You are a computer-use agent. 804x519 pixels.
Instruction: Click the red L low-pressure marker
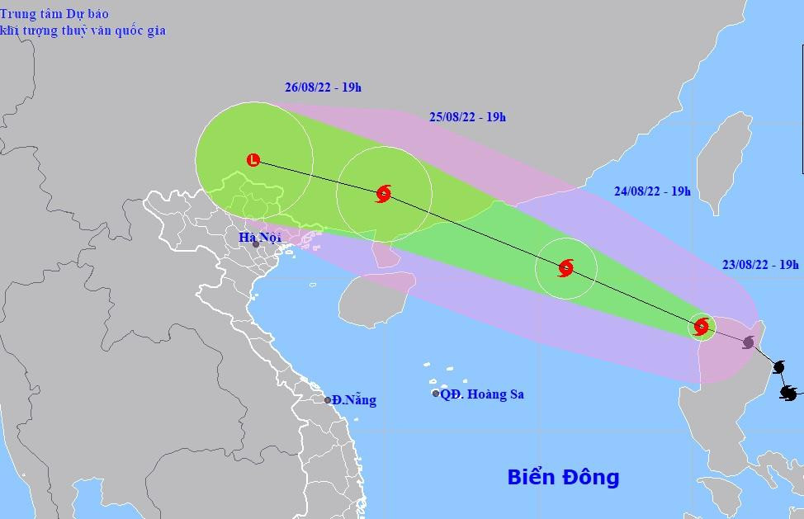click(253, 160)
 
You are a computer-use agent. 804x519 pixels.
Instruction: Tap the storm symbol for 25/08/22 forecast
click(383, 194)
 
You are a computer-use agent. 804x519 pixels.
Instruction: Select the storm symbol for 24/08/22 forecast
click(565, 267)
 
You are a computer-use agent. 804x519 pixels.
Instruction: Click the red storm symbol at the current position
click(701, 327)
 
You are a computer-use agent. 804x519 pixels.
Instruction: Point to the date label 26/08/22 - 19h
click(323, 87)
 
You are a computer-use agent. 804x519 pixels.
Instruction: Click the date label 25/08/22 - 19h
click(467, 117)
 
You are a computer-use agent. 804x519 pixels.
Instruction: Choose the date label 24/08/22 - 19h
click(652, 191)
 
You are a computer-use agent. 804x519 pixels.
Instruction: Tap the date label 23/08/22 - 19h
click(760, 265)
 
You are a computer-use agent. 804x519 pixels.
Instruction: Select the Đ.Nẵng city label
click(356, 400)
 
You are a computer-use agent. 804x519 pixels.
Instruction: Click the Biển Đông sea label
click(563, 477)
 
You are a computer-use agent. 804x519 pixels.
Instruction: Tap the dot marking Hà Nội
click(256, 244)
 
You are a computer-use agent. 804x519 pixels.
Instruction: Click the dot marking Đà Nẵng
click(328, 400)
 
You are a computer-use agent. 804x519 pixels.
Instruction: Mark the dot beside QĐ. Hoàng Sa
click(436, 394)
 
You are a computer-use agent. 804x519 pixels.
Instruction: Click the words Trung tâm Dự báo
click(54, 14)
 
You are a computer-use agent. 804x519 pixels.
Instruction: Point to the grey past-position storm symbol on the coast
click(749, 342)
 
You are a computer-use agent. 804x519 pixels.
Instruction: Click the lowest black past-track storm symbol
click(788, 393)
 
